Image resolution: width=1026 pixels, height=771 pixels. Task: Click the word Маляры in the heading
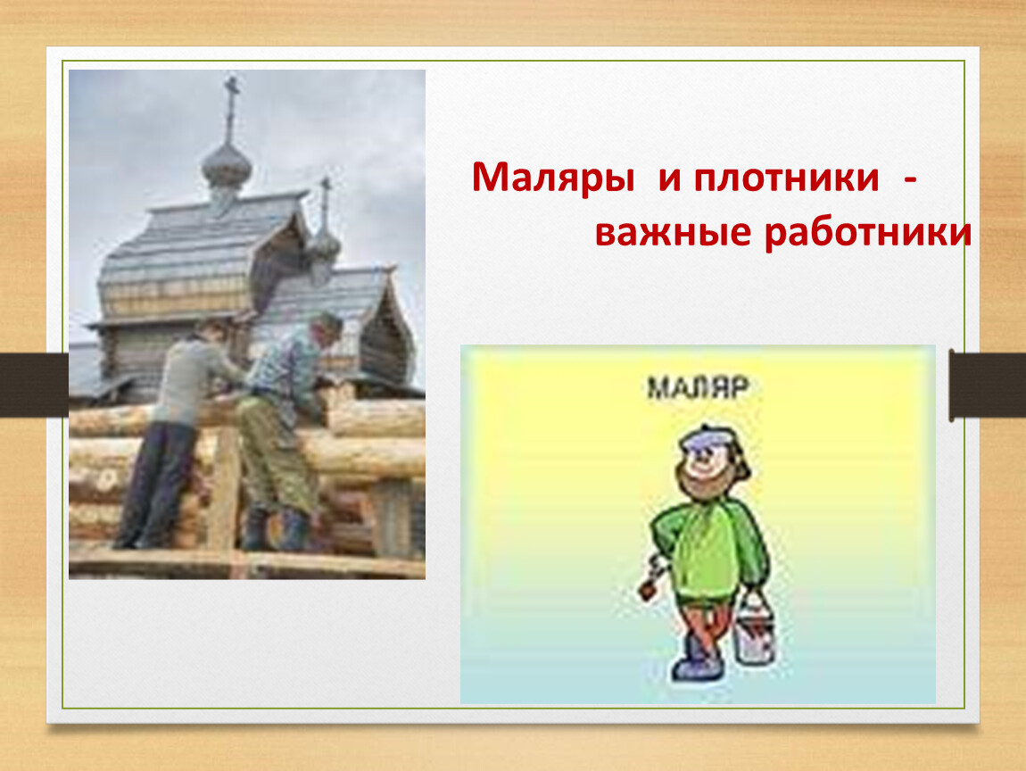[553, 178]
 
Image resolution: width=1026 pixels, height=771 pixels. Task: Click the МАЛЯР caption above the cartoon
[698, 387]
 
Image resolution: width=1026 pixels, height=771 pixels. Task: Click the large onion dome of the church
[227, 168]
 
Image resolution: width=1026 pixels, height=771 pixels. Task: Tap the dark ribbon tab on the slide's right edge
[988, 385]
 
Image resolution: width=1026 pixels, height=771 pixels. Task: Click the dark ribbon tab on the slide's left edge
[34, 385]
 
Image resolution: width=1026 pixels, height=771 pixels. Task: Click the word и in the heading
[670, 178]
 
